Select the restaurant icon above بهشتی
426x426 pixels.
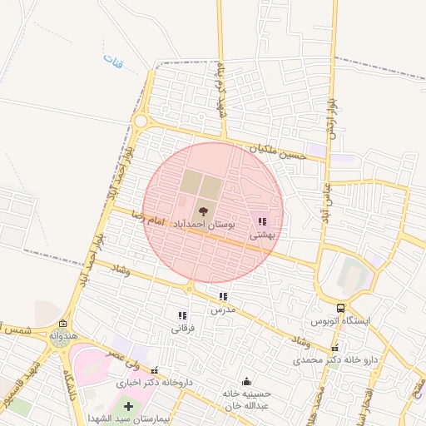pyautogui.click(x=263, y=222)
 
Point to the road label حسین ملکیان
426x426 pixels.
pyautogui.click(x=279, y=151)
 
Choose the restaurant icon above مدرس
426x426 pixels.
pyautogui.click(x=222, y=296)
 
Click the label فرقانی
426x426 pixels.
pyautogui.click(x=182, y=329)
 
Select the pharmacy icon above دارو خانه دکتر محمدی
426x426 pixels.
pyautogui.click(x=334, y=349)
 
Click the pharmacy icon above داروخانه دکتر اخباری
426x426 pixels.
pyautogui.click(x=153, y=371)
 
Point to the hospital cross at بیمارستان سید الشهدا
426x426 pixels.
pyautogui.click(x=127, y=405)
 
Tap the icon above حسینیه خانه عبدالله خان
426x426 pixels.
pyautogui.click(x=245, y=380)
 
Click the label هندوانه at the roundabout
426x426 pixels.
pyautogui.click(x=63, y=335)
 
